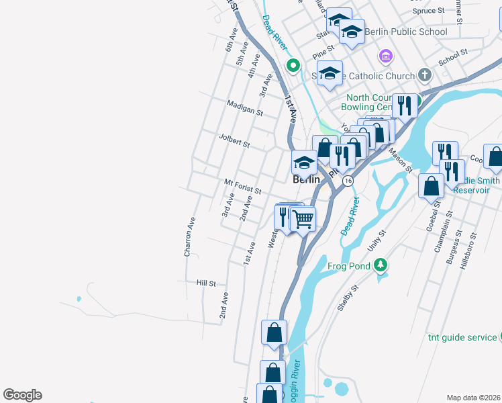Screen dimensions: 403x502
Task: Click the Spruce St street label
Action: (428, 11)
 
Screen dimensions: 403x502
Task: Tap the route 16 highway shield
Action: (348, 181)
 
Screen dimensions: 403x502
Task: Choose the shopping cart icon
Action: (303, 219)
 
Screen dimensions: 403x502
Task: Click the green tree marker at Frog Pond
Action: (381, 265)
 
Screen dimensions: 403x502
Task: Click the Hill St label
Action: (206, 283)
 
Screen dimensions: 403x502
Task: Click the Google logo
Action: (22, 395)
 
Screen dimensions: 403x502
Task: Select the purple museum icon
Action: (385, 55)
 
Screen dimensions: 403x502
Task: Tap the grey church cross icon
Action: (424, 75)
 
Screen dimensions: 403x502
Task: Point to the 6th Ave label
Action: (232, 40)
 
